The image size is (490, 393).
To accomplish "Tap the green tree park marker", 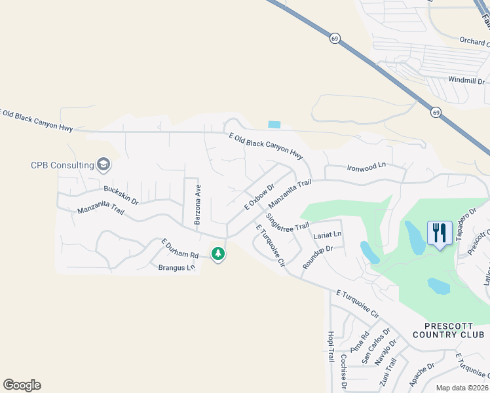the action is tap(218, 253).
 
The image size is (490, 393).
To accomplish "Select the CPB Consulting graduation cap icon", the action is tap(104, 164).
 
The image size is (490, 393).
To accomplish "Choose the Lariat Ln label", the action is tap(328, 234).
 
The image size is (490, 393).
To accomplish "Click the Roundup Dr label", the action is tap(318, 257).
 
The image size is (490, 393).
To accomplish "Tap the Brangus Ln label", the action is tap(177, 267).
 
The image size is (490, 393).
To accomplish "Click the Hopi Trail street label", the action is tap(330, 346).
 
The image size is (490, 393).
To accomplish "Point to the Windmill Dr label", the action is tap(465, 79).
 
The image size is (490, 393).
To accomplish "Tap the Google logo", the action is tap(22, 385).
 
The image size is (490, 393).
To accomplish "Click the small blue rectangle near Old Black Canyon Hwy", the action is tap(274, 124).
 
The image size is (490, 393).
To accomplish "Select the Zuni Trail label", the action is tap(391, 375).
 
